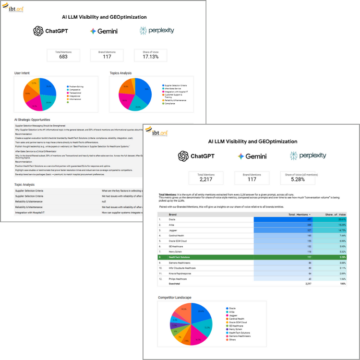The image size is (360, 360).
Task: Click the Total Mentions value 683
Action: [63, 57]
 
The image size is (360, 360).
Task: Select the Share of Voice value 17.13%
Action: [150, 57]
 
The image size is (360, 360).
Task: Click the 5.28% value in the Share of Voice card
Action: [299, 180]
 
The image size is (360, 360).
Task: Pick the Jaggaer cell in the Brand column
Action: [173, 230]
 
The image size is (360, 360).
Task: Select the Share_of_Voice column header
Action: [335, 215]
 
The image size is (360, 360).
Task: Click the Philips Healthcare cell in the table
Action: [177, 278]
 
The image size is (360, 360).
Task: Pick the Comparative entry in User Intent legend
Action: [75, 89]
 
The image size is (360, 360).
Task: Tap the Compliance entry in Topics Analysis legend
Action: [170, 103]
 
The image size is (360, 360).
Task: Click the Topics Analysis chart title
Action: [120, 73]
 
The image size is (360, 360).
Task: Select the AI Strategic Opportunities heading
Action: [32, 120]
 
